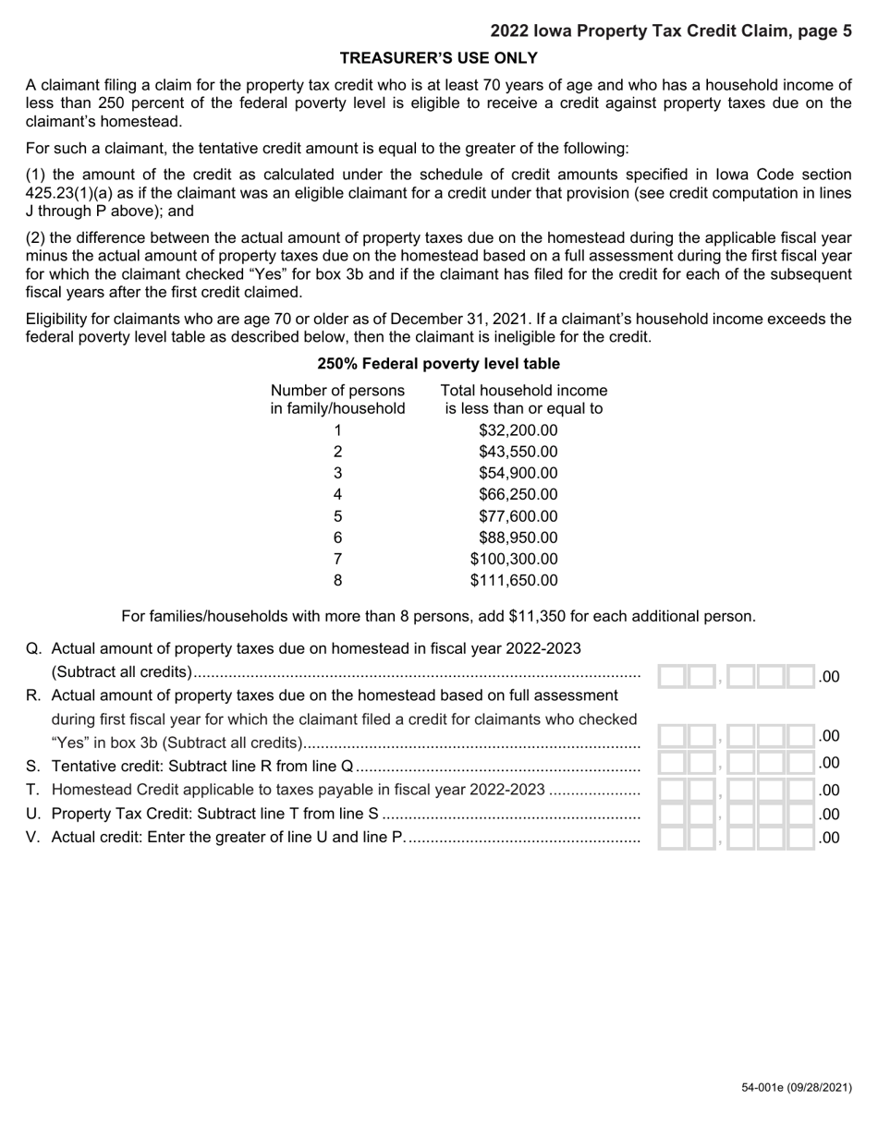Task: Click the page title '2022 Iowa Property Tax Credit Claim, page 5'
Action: [671, 31]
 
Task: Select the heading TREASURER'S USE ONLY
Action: [439, 58]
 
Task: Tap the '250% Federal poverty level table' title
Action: [438, 364]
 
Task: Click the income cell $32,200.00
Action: [518, 430]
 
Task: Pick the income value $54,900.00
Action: [518, 473]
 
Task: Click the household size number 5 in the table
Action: [337, 516]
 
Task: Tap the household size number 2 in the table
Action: [337, 452]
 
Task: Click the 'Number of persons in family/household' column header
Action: [337, 399]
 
